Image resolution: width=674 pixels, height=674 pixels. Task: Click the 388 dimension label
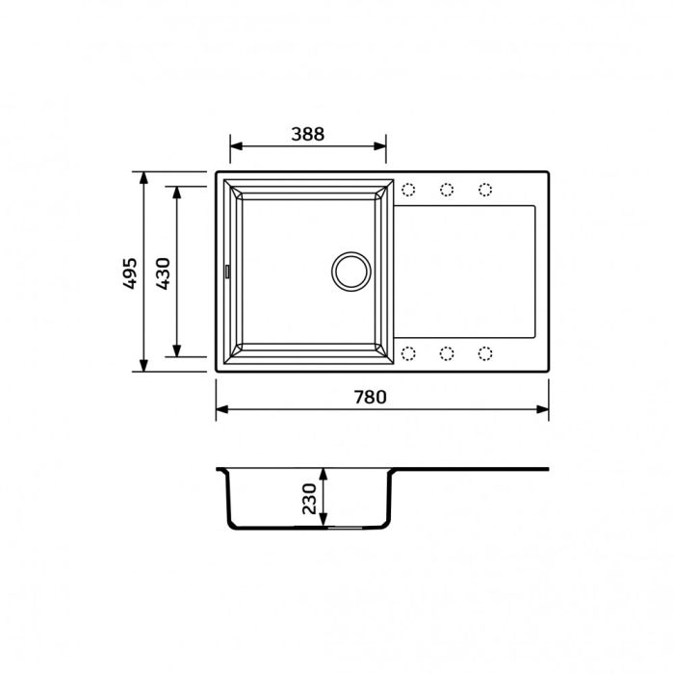tap(308, 135)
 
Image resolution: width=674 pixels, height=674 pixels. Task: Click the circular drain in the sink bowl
tap(350, 271)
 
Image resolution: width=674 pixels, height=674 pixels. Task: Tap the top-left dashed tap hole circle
tap(408, 189)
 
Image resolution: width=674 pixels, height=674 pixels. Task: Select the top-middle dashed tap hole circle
tap(447, 189)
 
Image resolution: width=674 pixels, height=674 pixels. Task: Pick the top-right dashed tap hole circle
tap(484, 189)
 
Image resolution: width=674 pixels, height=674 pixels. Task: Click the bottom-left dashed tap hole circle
tap(408, 353)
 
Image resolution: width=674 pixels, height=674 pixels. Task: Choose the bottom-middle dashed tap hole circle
tap(447, 353)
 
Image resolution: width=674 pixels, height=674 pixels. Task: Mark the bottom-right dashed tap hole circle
tap(484, 353)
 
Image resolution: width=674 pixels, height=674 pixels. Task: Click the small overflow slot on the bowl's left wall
tap(228, 272)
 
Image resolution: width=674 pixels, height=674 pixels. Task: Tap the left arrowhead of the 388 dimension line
tap(234, 148)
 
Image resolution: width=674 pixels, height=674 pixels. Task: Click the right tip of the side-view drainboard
tap(547, 470)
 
